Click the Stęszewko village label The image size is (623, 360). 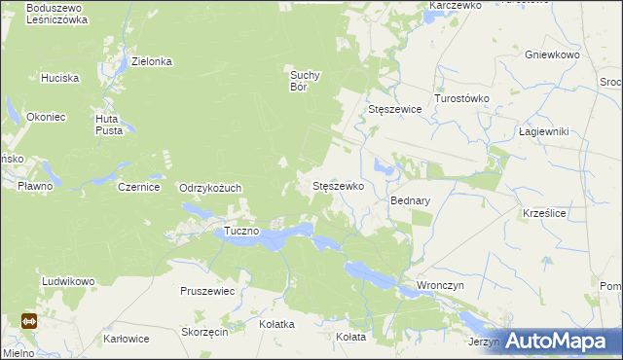[337, 185]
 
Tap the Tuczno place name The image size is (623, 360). [241, 231]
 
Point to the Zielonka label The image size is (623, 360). [152, 61]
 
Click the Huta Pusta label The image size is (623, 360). [108, 125]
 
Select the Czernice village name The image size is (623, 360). [138, 187]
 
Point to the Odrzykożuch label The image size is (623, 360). [210, 188]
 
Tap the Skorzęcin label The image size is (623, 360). [204, 332]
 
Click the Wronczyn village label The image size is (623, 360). [440, 285]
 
